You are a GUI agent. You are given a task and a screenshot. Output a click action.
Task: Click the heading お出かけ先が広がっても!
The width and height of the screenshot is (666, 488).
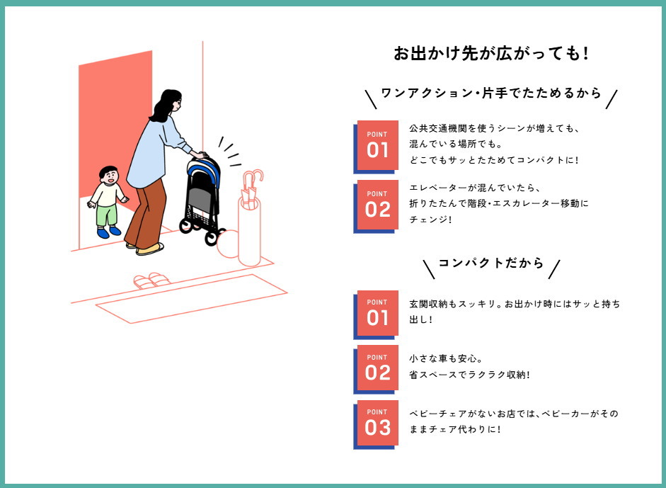(x=491, y=54)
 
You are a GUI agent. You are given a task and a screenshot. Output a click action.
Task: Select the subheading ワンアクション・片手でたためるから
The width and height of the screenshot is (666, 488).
(x=491, y=93)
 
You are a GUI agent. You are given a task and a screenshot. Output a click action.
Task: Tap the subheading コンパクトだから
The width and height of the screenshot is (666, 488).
(x=491, y=263)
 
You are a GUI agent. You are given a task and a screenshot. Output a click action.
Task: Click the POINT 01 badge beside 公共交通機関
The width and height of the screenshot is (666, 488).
(x=377, y=147)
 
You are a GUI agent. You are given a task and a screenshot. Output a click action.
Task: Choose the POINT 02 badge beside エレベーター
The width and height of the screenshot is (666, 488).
(x=377, y=207)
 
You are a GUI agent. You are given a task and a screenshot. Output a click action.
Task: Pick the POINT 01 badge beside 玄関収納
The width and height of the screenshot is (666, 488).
(x=377, y=314)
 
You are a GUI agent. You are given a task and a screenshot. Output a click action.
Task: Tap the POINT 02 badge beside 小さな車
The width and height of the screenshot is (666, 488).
(x=377, y=369)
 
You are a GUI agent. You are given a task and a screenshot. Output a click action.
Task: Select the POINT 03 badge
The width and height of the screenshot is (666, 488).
(x=377, y=424)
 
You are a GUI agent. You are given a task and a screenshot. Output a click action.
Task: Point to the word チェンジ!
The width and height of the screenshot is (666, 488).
(x=430, y=220)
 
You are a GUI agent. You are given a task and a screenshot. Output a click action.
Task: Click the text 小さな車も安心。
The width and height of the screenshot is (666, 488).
(x=446, y=359)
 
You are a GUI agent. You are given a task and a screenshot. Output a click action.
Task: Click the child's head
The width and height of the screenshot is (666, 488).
(x=109, y=175)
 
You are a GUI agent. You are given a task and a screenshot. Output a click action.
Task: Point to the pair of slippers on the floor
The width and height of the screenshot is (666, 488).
(x=151, y=280)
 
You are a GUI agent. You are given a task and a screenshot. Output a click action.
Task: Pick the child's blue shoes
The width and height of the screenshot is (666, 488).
(x=109, y=232)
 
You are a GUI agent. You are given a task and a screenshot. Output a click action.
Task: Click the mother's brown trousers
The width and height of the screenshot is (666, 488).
(x=147, y=215)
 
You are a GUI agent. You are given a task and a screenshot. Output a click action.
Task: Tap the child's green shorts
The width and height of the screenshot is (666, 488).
(x=107, y=215)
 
